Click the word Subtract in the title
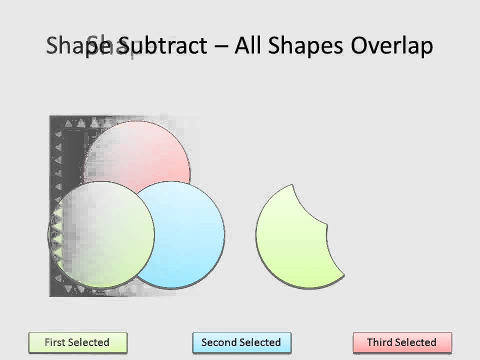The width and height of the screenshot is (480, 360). pos(163,46)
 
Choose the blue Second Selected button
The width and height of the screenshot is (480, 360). pos(241,343)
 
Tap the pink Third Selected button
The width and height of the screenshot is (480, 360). pos(402,343)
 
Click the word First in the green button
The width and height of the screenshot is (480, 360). pos(55,342)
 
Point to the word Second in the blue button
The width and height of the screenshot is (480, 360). pos(218,342)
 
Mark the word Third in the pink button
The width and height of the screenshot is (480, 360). pos(379,342)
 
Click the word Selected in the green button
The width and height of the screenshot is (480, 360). pos(89,342)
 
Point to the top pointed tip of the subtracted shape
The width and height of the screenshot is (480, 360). pos(292,185)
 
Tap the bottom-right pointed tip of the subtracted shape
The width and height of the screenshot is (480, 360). pos(344,274)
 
